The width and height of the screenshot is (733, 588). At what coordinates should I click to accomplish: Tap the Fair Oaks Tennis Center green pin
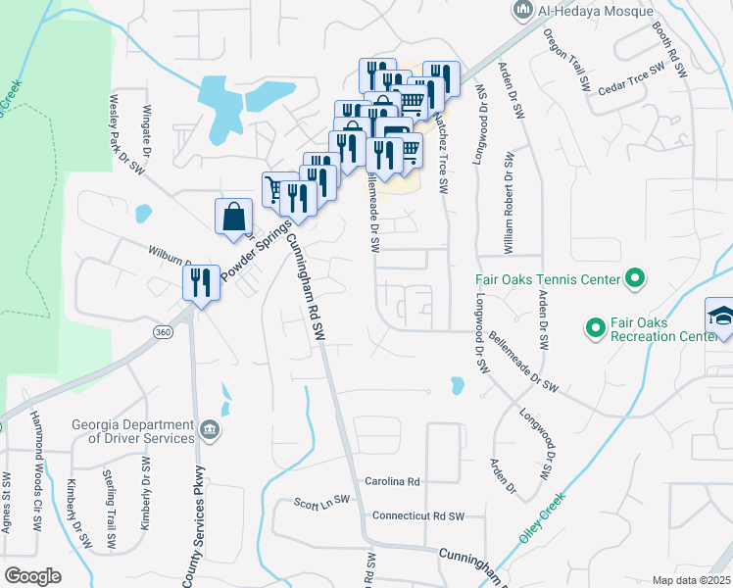(x=634, y=279)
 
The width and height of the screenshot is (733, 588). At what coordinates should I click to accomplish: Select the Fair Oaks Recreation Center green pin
(x=594, y=327)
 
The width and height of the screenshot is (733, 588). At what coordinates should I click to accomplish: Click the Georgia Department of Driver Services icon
(x=210, y=430)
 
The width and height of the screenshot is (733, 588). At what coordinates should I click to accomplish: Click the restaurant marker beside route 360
(x=201, y=283)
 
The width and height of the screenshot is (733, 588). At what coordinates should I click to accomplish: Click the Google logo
(x=33, y=575)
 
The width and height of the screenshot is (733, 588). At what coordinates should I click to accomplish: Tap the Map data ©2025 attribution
(x=690, y=580)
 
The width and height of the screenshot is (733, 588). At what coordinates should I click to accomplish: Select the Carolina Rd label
(x=392, y=482)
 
